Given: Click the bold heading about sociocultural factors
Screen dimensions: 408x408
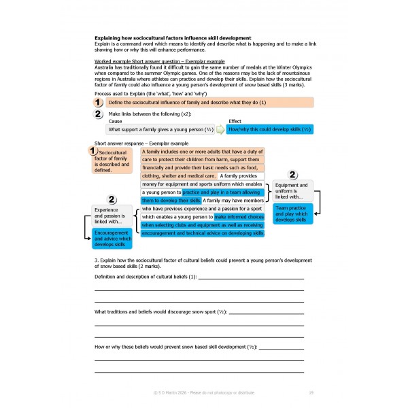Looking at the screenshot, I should [173, 37].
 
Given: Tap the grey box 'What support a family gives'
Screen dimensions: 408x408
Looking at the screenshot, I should [160, 129].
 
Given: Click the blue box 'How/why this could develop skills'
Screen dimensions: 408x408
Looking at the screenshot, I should [270, 129].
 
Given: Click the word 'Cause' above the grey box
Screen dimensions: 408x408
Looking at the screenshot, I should [116, 121].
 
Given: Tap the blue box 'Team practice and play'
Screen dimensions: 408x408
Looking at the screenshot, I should [293, 215].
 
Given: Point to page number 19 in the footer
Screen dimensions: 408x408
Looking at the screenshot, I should [310, 392].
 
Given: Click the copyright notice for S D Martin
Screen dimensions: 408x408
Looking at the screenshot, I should [204, 392].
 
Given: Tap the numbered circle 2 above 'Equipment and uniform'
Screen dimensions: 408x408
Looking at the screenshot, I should [293, 175].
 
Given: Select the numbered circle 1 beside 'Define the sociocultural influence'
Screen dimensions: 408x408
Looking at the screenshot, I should [99, 102].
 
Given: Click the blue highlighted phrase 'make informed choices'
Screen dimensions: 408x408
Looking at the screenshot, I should [239, 217].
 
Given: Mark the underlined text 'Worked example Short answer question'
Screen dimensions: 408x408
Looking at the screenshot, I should [139, 62].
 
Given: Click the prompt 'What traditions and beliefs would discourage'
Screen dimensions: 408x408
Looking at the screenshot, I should [159, 311].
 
